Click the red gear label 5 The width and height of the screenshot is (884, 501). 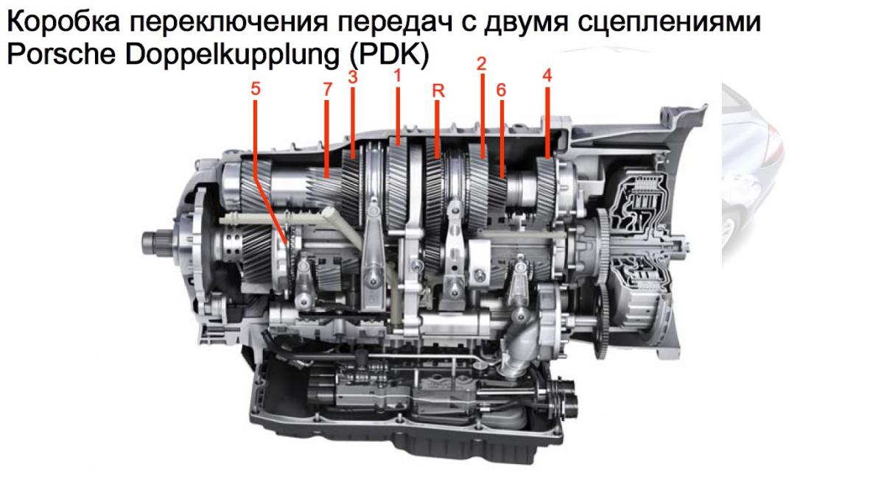(x=256, y=89)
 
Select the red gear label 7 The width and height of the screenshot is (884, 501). (x=327, y=90)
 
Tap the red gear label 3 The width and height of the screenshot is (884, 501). (x=353, y=77)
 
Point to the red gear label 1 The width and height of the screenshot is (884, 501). (x=397, y=76)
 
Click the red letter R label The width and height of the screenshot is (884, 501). (x=438, y=91)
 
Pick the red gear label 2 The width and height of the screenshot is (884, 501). (x=482, y=64)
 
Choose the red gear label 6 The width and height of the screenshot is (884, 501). (x=501, y=90)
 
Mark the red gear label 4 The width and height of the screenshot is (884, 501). (x=547, y=75)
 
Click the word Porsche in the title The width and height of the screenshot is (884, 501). (x=61, y=54)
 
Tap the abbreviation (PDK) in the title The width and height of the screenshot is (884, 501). (x=390, y=55)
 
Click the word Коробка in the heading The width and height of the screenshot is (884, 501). (x=63, y=21)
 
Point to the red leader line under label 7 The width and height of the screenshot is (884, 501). (x=327, y=139)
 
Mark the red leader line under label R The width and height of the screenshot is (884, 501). (x=437, y=129)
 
